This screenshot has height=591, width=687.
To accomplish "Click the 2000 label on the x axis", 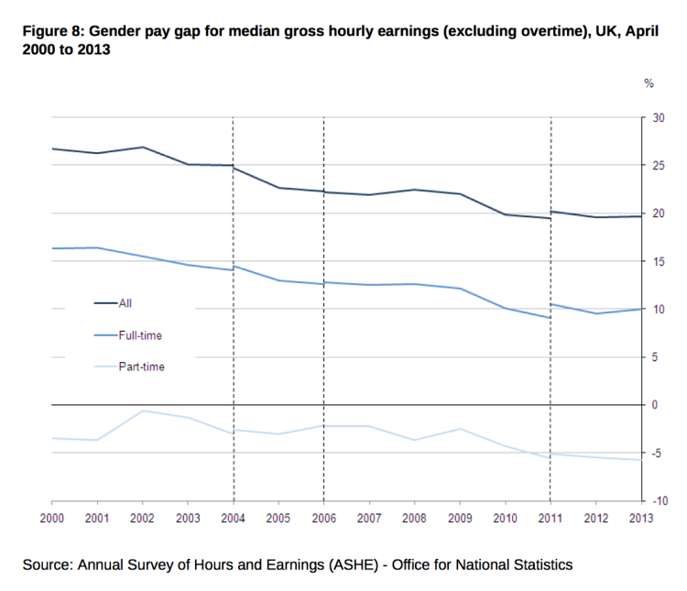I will [x=51, y=518].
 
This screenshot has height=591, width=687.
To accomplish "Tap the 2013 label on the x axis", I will [x=640, y=518].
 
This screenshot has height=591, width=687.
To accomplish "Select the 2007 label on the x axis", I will [x=368, y=518].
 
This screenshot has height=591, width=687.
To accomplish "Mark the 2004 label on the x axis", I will [x=233, y=518].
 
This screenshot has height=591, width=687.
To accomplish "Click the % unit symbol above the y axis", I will [x=649, y=83].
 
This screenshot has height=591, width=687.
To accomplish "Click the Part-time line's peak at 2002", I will [x=142, y=410].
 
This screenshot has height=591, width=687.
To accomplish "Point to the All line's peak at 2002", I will [x=142, y=147].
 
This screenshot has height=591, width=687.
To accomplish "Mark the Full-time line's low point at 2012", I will [x=595, y=313].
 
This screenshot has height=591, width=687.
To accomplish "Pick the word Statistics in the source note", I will [x=540, y=564].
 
